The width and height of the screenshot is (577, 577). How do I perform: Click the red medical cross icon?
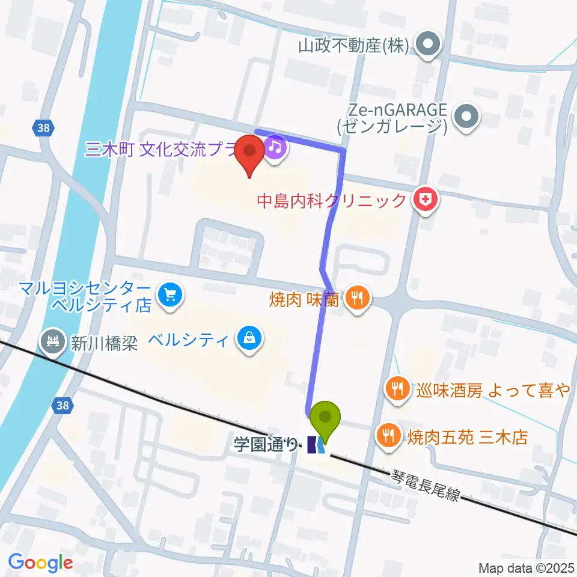click(x=426, y=200)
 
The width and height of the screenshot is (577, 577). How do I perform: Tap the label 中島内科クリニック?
click(x=331, y=200)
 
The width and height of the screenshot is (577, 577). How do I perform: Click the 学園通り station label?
click(x=266, y=445)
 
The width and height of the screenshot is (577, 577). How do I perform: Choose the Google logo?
click(x=40, y=562)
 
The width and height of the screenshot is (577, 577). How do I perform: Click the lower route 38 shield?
click(x=63, y=406)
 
